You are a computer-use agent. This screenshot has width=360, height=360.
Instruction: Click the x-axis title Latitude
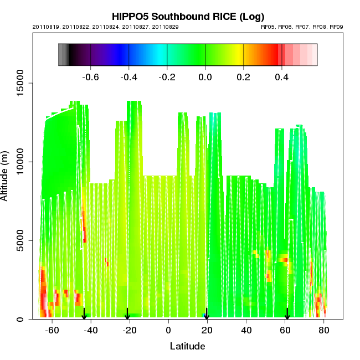[187, 346]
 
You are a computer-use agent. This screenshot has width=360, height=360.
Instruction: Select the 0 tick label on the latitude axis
[168, 330]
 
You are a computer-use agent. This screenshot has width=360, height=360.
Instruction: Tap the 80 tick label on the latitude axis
[323, 330]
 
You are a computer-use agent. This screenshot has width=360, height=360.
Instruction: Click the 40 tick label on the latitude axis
[246, 330]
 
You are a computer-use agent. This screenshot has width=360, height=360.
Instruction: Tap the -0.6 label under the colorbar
[90, 77]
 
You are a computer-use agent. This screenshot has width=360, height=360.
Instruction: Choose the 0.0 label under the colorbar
[205, 77]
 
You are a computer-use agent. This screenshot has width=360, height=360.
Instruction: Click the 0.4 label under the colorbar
[282, 77]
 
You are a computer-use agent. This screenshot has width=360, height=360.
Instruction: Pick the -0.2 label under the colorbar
[167, 77]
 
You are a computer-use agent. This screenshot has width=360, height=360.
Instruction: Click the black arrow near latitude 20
[207, 314]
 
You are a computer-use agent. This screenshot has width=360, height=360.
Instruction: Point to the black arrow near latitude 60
[287, 314]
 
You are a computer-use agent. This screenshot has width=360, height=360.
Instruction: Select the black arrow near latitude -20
[127, 314]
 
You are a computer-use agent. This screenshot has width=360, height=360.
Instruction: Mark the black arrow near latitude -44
[84, 314]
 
